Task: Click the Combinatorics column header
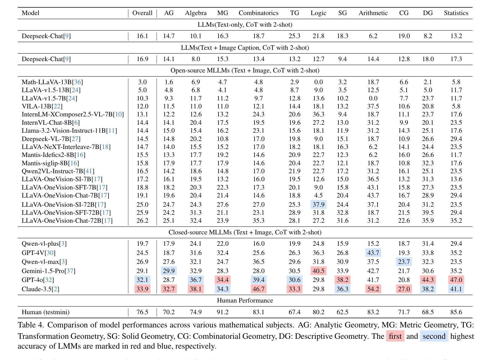click(258, 13)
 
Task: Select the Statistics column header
click(456, 13)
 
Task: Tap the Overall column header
click(142, 13)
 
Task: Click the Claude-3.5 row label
click(40, 289)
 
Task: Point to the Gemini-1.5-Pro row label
click(48, 271)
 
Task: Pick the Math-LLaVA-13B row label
click(52, 82)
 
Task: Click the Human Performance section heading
click(245, 300)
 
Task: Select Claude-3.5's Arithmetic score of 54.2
click(373, 289)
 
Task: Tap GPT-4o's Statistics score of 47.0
click(456, 280)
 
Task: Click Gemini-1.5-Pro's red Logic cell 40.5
click(318, 271)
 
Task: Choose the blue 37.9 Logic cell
click(318, 204)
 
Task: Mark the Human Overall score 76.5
click(142, 312)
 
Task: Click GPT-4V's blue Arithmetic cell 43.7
click(373, 253)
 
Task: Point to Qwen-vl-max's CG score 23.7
click(404, 262)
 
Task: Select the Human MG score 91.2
click(223, 312)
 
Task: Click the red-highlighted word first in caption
click(395, 336)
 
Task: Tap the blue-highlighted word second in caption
click(434, 336)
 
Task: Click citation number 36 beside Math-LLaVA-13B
click(77, 82)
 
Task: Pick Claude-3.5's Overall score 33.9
click(142, 289)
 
